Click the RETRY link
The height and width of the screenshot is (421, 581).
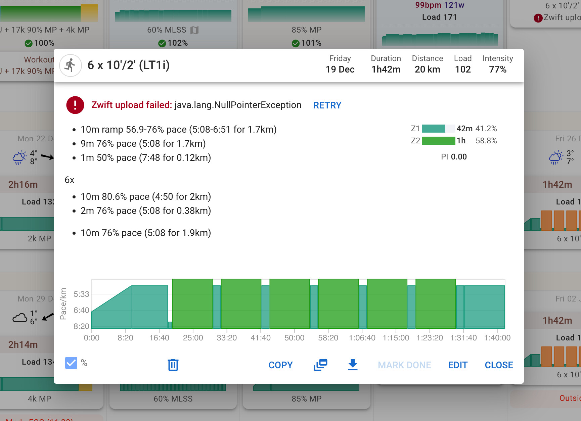[x=327, y=105]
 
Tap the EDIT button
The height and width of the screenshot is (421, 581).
[x=457, y=365]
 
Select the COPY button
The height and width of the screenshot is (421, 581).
[x=280, y=365]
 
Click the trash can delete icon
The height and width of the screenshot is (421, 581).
[x=173, y=365]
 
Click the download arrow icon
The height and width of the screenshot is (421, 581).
[x=353, y=365]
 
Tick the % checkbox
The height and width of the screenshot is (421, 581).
[x=71, y=363]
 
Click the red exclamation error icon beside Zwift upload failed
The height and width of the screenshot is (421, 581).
[x=75, y=105]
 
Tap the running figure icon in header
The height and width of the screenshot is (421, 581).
[x=71, y=65]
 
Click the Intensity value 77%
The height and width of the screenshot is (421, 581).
[x=497, y=69]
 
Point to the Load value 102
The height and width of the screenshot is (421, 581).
[x=462, y=69]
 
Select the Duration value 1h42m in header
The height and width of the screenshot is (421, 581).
[x=386, y=69]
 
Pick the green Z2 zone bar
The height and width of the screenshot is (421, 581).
[x=438, y=141]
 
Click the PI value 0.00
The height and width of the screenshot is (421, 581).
[x=458, y=157]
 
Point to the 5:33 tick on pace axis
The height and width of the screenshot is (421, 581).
[x=81, y=294]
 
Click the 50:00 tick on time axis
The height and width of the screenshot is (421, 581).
[x=294, y=338]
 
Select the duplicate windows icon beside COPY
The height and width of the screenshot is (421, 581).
[x=320, y=365]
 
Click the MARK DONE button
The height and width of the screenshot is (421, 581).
[x=404, y=365]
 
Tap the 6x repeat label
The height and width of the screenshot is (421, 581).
[x=70, y=180]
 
